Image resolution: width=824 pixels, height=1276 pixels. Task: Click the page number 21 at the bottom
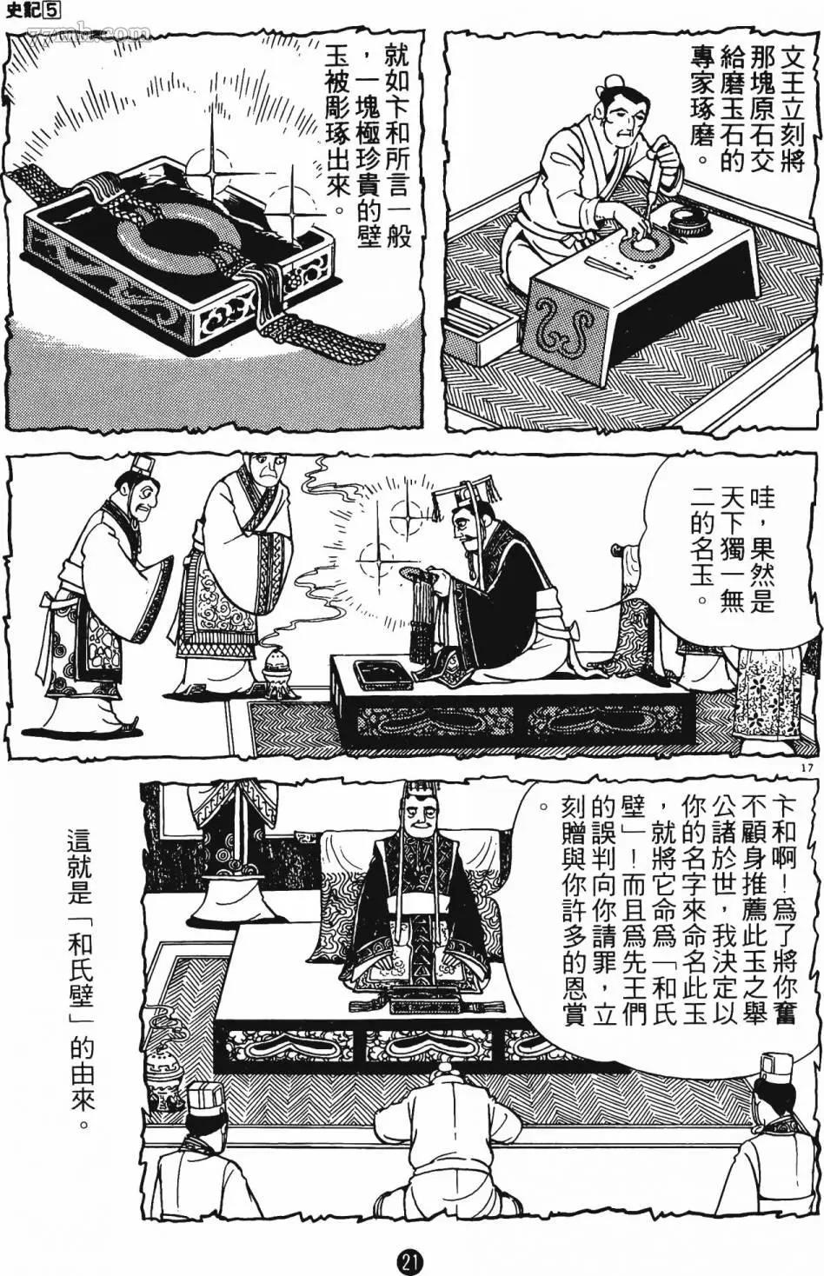412,1260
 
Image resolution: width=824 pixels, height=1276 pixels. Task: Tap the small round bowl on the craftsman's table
690,223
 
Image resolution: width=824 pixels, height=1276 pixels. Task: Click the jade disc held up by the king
415,575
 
